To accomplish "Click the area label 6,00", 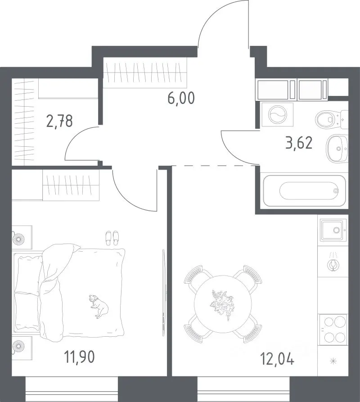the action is pyautogui.click(x=181, y=98).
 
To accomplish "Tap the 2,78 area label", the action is pyautogui.click(x=59, y=121).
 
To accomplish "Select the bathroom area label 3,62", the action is pyautogui.click(x=299, y=143).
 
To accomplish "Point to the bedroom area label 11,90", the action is pyautogui.click(x=80, y=357).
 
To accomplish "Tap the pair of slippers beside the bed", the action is pyautogui.click(x=112, y=238).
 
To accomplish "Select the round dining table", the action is pyautogui.click(x=223, y=304).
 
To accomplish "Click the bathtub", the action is pyautogui.click(x=304, y=191).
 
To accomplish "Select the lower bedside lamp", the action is pyautogui.click(x=19, y=346).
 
